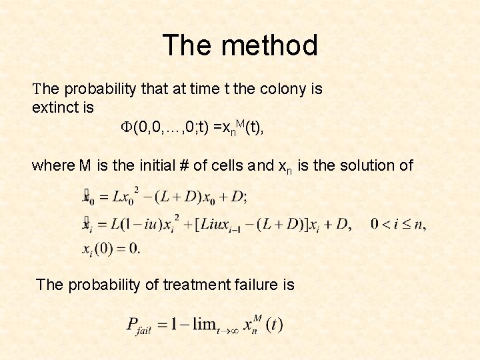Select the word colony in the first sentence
coord(278,89)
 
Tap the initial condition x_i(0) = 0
coord(111,249)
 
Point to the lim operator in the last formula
coord(205,325)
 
